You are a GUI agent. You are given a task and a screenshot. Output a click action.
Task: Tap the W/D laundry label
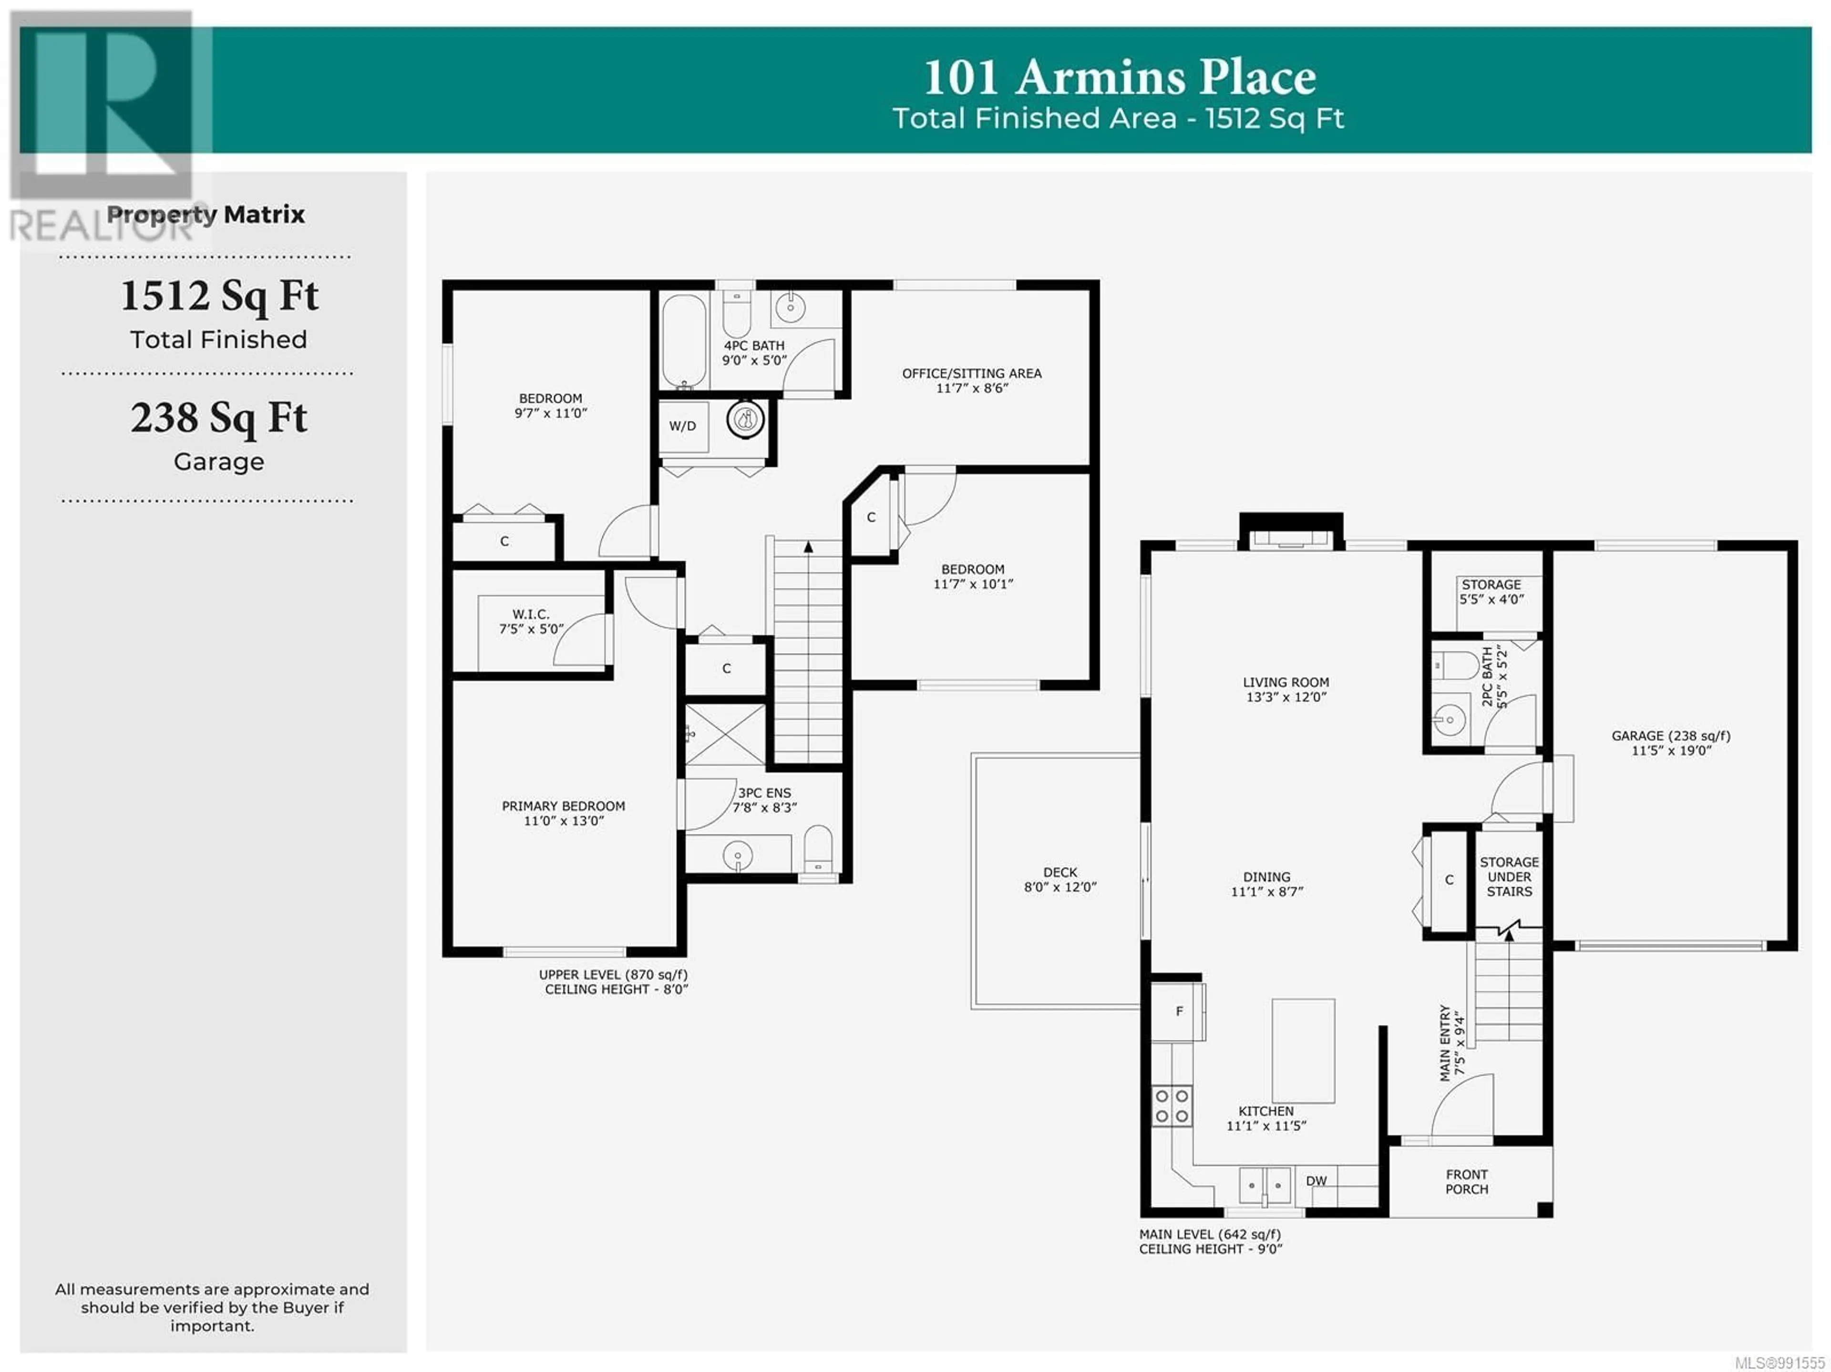[x=683, y=426]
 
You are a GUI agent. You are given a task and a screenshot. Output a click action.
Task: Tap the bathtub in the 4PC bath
[x=685, y=341]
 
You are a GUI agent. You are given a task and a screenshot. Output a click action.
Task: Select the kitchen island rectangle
[x=1303, y=1051]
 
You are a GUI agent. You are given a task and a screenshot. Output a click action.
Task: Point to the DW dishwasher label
[x=1316, y=1181]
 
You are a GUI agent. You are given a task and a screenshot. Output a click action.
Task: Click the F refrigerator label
[x=1180, y=1011]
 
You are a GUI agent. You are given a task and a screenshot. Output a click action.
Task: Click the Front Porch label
[x=1467, y=1182]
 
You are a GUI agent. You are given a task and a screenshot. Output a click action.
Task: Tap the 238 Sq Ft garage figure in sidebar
[x=218, y=419]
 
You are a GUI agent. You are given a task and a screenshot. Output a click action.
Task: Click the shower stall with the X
[x=725, y=734]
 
